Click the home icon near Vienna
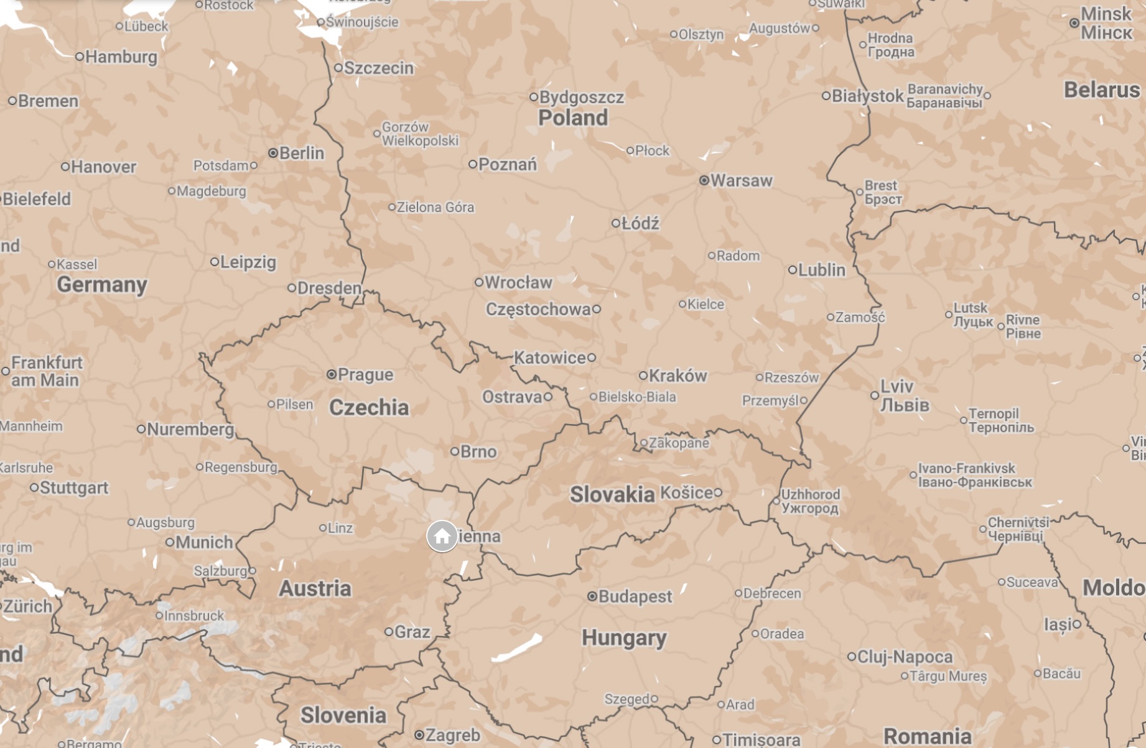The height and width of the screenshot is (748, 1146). point(442,536)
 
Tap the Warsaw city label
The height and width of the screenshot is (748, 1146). point(741,181)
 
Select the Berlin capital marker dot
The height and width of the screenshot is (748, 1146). point(273,153)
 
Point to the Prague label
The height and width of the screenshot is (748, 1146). point(366,375)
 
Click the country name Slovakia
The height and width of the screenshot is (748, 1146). point(612,495)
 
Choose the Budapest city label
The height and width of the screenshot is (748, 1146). point(635,597)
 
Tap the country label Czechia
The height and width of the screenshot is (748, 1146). point(369,408)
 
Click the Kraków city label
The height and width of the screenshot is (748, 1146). point(678,376)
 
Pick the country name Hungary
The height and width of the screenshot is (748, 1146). point(624,639)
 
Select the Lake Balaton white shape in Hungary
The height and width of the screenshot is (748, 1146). point(516,649)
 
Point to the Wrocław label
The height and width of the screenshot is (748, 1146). point(518,283)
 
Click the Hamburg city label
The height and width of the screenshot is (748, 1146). point(121,57)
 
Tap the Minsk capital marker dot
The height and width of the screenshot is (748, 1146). point(1074,23)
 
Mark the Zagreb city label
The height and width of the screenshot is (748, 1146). point(452,736)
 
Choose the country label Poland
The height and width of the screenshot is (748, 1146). point(572,118)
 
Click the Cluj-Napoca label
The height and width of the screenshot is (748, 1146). point(905,657)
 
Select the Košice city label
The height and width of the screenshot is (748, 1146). point(686,493)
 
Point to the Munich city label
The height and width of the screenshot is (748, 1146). point(204,543)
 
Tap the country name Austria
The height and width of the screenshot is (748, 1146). point(315,589)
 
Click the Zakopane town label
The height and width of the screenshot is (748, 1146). point(679,443)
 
